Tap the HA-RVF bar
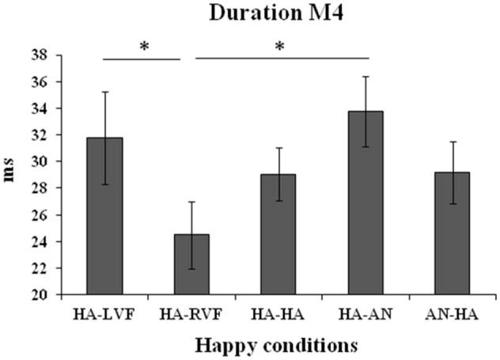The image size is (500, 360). pos(192,264)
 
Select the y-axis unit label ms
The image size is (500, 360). pos(11,174)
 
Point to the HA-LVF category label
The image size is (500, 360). pos(105,314)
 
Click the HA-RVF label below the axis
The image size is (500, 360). pos(192,314)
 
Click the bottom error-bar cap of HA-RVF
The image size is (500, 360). pos(192,269)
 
